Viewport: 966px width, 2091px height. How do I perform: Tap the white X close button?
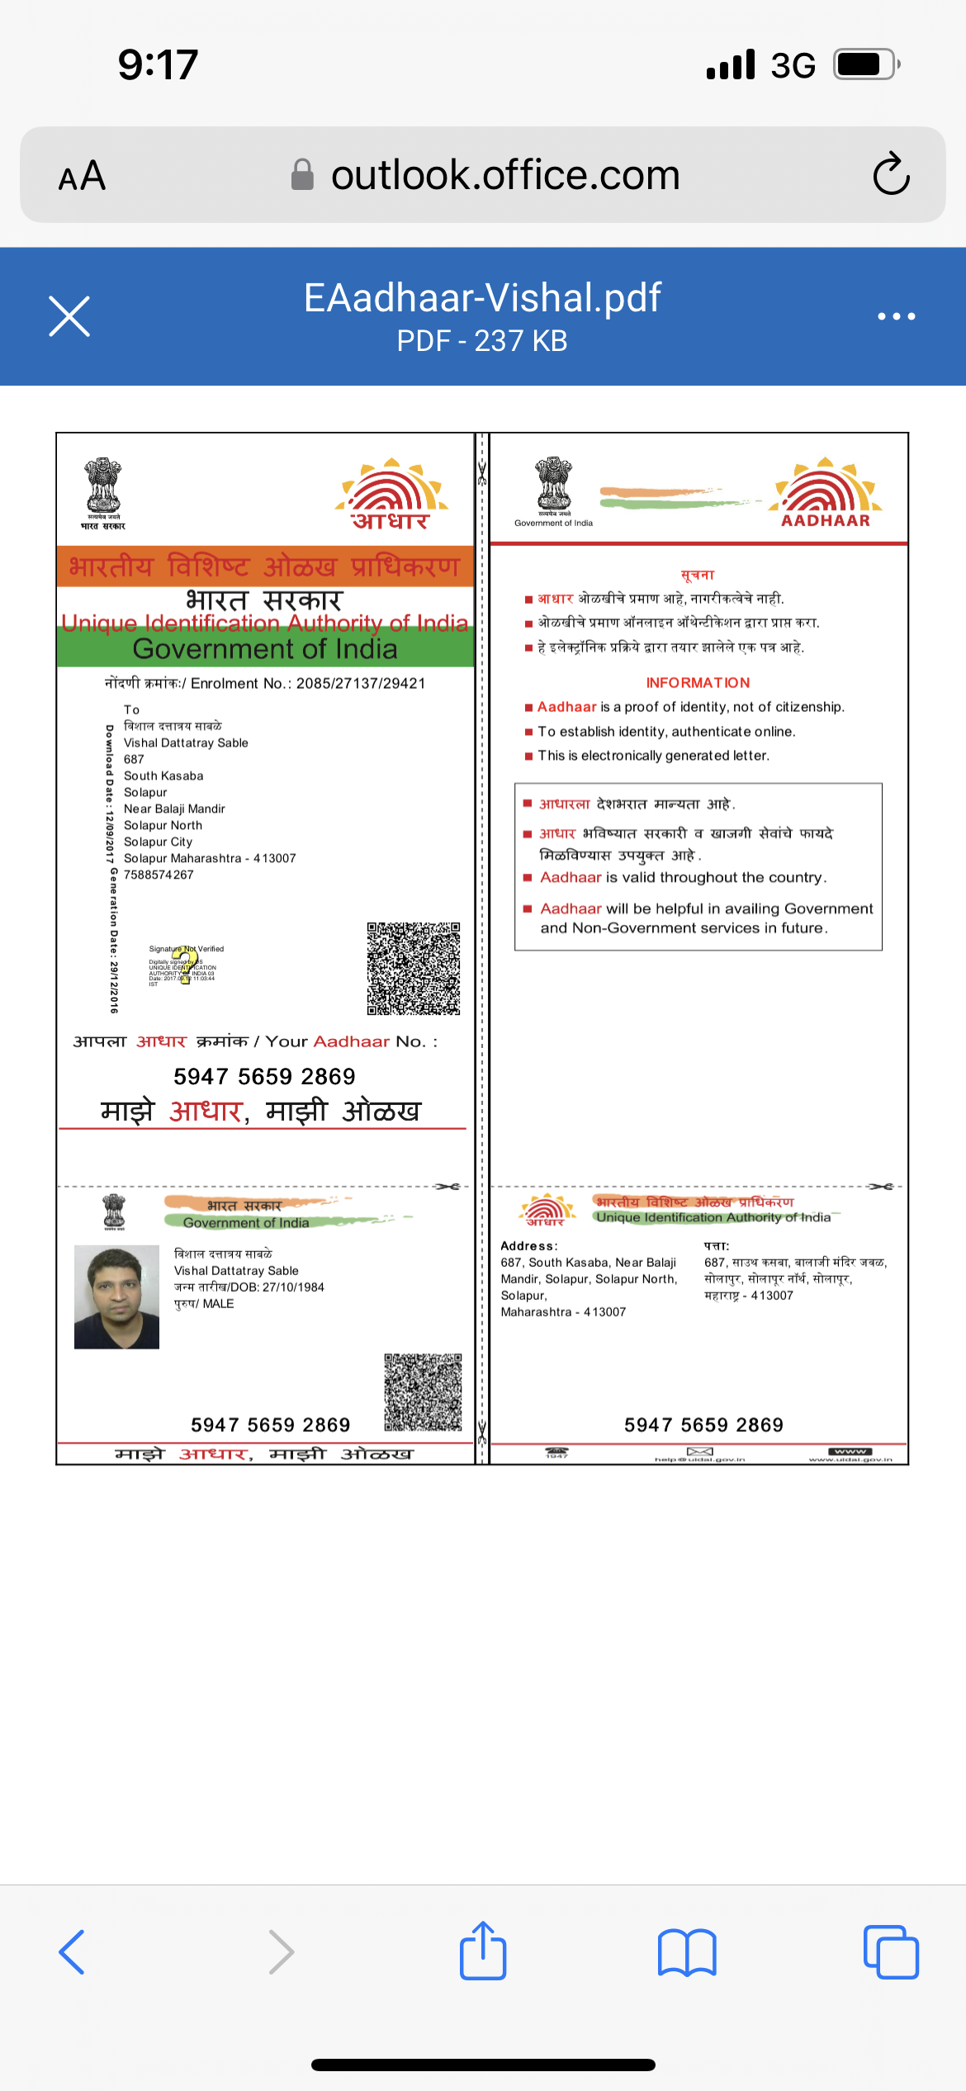[69, 316]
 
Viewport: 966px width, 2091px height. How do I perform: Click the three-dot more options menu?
[896, 316]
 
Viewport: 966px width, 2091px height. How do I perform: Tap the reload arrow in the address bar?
[891, 174]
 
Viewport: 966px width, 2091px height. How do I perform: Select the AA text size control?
[82, 175]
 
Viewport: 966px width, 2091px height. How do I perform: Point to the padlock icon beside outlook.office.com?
[302, 174]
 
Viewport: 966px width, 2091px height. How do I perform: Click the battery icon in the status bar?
[865, 64]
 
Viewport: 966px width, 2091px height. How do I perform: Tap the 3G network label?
[793, 65]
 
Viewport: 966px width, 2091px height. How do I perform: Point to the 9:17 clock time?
[158, 64]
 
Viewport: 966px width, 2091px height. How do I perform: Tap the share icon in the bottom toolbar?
[483, 1951]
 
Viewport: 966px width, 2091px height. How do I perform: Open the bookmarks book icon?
[687, 1952]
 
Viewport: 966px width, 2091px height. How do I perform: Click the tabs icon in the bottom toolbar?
[891, 1952]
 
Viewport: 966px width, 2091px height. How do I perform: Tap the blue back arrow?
[73, 1952]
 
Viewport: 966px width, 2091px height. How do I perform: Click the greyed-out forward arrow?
[281, 1952]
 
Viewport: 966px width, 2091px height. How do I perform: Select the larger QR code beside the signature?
[414, 968]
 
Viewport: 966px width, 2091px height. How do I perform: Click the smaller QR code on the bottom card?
[423, 1392]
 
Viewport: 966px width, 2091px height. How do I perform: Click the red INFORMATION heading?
[698, 683]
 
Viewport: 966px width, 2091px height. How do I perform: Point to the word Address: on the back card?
[528, 1245]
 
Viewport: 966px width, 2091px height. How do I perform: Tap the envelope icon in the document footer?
[700, 1452]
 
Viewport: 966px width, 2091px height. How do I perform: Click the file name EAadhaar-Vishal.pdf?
[482, 297]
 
